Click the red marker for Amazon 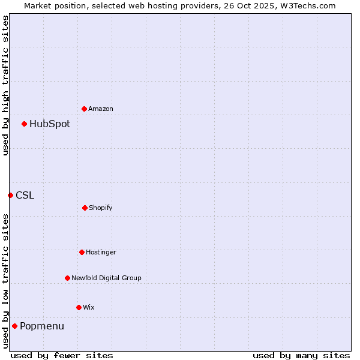[84, 109]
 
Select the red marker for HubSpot [24, 124]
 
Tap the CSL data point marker [10, 195]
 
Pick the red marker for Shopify [85, 208]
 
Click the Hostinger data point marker [82, 252]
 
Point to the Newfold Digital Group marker [67, 278]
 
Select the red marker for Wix [79, 307]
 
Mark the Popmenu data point [14, 326]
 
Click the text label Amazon [101, 109]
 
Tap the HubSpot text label [50, 124]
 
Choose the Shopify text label [101, 208]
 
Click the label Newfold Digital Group [106, 278]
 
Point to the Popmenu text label [42, 326]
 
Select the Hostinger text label [101, 252]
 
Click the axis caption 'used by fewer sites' [62, 355]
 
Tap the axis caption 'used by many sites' [301, 355]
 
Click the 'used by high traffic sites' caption [5, 85]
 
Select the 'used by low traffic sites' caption [5, 281]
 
